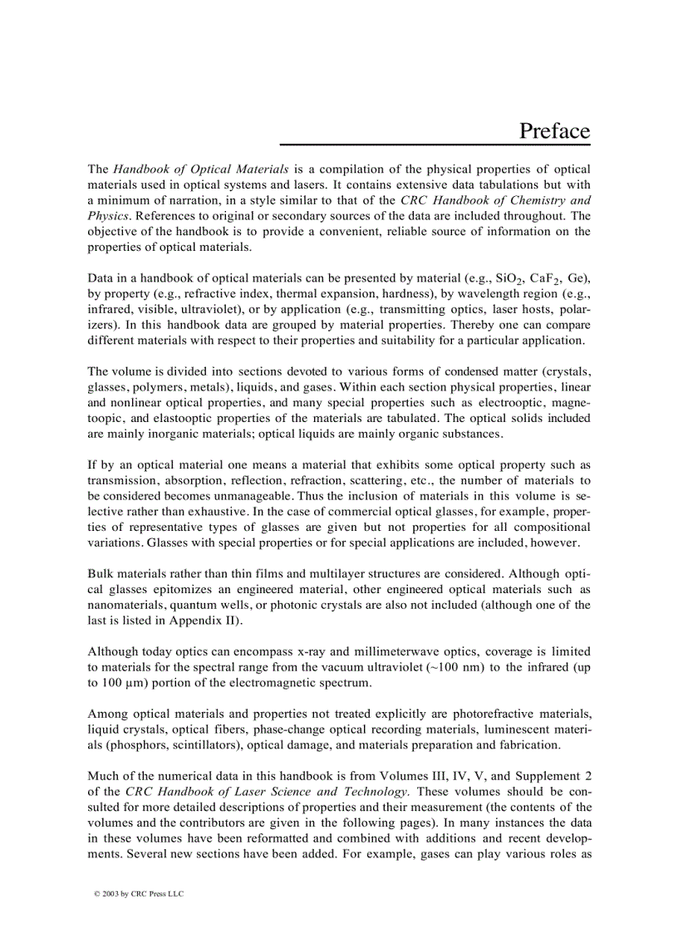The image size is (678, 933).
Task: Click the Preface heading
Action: pyautogui.click(x=554, y=131)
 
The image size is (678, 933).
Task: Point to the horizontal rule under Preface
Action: pyautogui.click(x=435, y=145)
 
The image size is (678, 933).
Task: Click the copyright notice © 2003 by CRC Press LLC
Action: pyautogui.click(x=138, y=894)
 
